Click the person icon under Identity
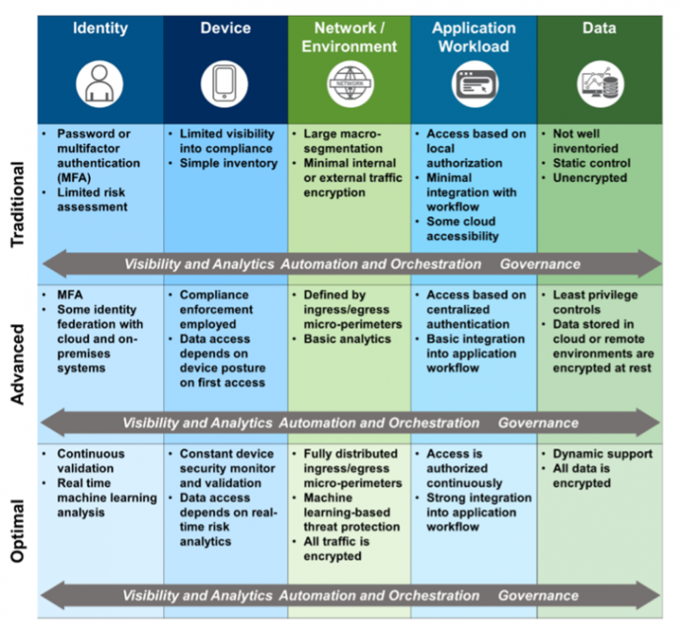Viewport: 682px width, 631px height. pos(99,84)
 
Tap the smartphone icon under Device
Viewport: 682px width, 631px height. pos(225,84)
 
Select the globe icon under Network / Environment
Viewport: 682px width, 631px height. pos(350,84)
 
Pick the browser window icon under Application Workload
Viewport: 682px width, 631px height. pos(474,84)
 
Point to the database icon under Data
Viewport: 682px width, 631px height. pos(600,84)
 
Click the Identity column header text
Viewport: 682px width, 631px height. pos(100,28)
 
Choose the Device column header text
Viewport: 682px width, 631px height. pos(226,28)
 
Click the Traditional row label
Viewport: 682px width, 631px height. pos(18,204)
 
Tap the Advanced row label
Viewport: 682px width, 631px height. pos(18,364)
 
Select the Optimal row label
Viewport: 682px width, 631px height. pos(18,531)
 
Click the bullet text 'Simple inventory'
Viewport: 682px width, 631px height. pos(228,164)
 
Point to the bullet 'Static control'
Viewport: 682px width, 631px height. pos(591,164)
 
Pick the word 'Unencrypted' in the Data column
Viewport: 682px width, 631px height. pos(590,178)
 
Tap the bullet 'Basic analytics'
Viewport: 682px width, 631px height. pos(347,339)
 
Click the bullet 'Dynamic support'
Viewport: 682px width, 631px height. pos(602,454)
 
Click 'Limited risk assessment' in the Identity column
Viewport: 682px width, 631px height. pos(92,200)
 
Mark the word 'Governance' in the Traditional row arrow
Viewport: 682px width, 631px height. pos(540,264)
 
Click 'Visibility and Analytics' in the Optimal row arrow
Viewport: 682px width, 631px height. pos(197,595)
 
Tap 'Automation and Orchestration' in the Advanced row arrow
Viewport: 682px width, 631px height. pos(379,423)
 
